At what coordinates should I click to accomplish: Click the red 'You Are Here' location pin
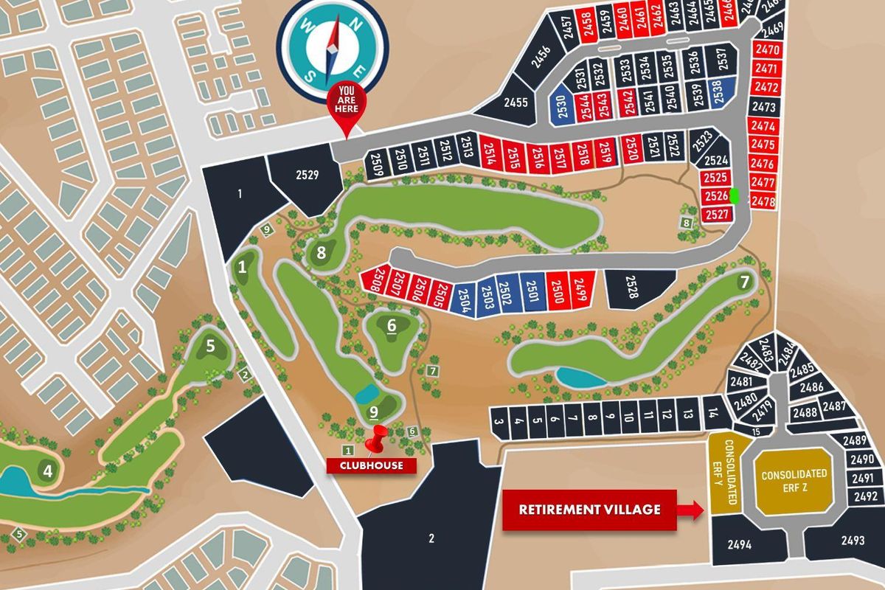tap(346, 104)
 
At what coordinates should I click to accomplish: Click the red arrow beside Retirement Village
tap(690, 510)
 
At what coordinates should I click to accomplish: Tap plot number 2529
tap(306, 175)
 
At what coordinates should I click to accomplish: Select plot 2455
tap(514, 103)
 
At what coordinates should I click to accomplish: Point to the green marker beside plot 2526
tap(735, 196)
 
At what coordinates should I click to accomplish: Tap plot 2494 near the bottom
tap(739, 545)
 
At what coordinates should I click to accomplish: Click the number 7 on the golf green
tap(744, 281)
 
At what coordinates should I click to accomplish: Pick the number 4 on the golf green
tap(48, 470)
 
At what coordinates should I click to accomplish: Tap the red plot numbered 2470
tap(767, 50)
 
